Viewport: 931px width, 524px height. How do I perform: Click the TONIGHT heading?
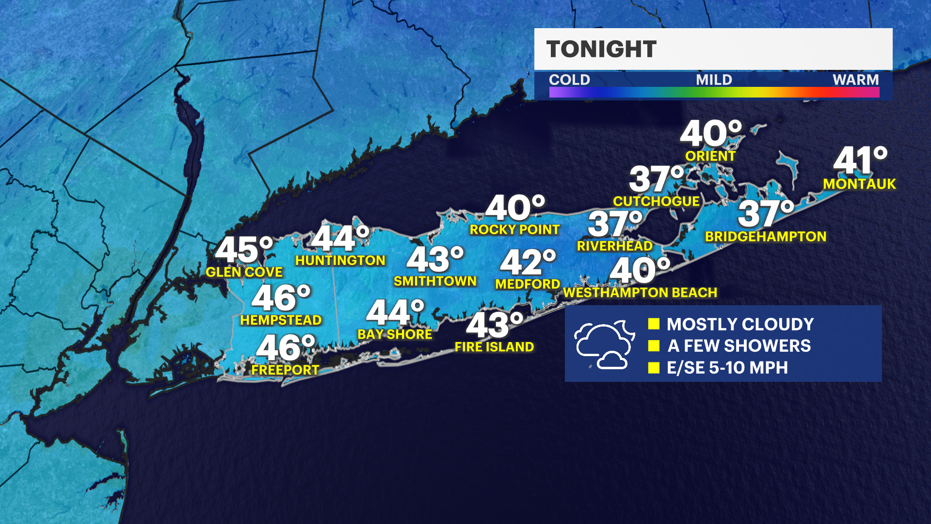click(x=601, y=49)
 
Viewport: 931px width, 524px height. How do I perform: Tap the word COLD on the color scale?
click(x=569, y=80)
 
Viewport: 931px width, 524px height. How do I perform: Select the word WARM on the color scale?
click(x=855, y=80)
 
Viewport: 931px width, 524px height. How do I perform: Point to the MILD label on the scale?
click(x=714, y=80)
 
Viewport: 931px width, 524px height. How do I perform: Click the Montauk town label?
click(x=859, y=184)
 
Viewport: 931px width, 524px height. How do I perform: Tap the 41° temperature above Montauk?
click(x=860, y=161)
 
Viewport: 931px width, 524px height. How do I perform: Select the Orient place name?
click(x=710, y=156)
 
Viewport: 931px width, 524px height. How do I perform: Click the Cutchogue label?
click(x=656, y=201)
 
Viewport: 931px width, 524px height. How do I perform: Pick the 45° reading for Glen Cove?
click(x=244, y=250)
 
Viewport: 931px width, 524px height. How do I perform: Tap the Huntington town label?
click(x=340, y=261)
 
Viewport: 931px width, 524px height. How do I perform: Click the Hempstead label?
click(x=281, y=320)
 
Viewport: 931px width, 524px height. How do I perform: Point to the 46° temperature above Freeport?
click(x=286, y=347)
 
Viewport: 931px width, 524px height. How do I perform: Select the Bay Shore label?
click(x=395, y=334)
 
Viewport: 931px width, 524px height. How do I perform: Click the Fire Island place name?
click(x=494, y=347)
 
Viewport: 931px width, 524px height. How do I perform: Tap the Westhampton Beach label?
click(x=640, y=293)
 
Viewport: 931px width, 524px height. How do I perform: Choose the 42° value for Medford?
click(x=528, y=262)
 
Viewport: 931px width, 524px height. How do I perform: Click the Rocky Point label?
click(x=514, y=229)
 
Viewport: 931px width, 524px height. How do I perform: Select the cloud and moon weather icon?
click(x=604, y=344)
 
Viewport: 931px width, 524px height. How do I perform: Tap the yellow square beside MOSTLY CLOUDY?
click(x=654, y=324)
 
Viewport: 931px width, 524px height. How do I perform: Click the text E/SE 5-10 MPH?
click(x=727, y=368)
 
